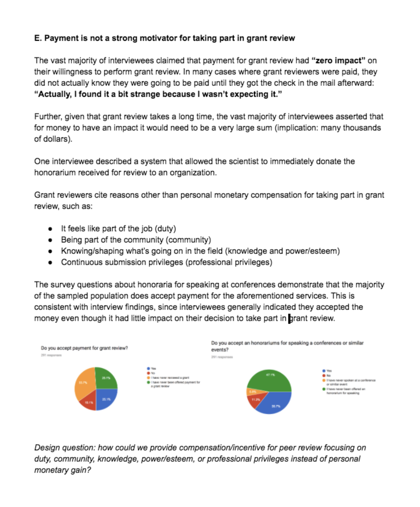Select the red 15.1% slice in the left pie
tap(88, 402)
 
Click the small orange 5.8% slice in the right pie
tap(252, 391)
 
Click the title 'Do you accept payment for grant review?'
tap(84, 348)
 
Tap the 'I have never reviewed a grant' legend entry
tap(170, 378)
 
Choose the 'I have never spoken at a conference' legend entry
tap(350, 380)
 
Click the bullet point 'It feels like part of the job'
tap(118, 229)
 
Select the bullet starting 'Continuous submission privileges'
tap(167, 262)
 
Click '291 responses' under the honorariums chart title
tap(222, 357)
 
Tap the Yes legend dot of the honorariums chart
tap(324, 371)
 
